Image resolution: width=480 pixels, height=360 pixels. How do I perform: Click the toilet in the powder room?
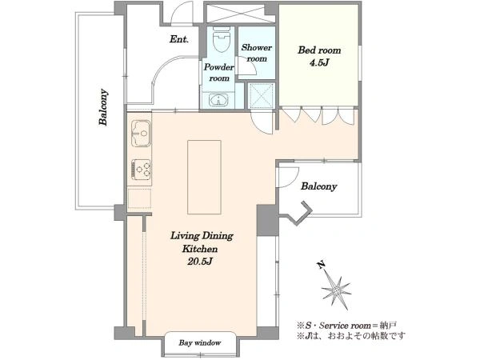coord(221,39)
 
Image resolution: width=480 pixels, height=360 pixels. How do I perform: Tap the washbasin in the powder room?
coord(218,99)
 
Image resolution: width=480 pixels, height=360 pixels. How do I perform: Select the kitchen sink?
coord(141,133)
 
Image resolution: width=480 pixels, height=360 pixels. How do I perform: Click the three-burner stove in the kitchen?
coord(141,170)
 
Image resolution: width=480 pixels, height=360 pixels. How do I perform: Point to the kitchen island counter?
coord(204,177)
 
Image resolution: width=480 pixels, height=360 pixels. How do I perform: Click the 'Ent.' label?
coord(179,39)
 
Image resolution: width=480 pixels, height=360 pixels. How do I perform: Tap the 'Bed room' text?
coord(319,50)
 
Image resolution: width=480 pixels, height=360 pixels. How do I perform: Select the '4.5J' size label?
coord(319,62)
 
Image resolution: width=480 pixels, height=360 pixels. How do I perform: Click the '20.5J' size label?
coord(200,262)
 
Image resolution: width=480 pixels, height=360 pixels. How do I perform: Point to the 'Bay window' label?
coord(199,342)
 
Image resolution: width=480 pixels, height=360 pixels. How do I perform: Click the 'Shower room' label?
coord(257,53)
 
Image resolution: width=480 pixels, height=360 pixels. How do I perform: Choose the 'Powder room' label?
coord(219,72)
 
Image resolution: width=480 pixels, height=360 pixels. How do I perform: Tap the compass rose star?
coord(336,290)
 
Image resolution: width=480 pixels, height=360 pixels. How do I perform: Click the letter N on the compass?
coord(321,265)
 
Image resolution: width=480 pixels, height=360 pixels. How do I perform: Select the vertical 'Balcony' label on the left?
coord(103,107)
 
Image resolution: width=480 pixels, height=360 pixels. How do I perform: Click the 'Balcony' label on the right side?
coord(318,186)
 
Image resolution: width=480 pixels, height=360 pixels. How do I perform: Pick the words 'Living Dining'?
coord(202,236)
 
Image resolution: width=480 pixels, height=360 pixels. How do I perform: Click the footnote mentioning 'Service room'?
coord(346,325)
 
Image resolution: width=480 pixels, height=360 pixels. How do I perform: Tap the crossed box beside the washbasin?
coord(261,95)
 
